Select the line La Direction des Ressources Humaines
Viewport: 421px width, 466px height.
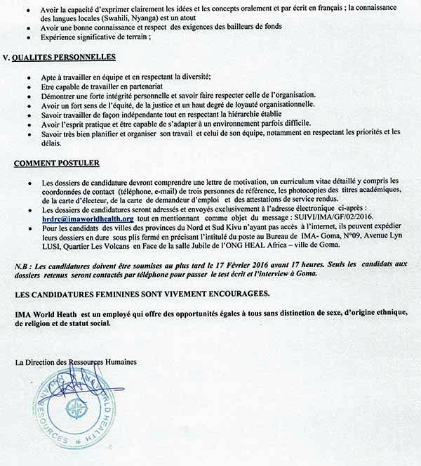[75, 361]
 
